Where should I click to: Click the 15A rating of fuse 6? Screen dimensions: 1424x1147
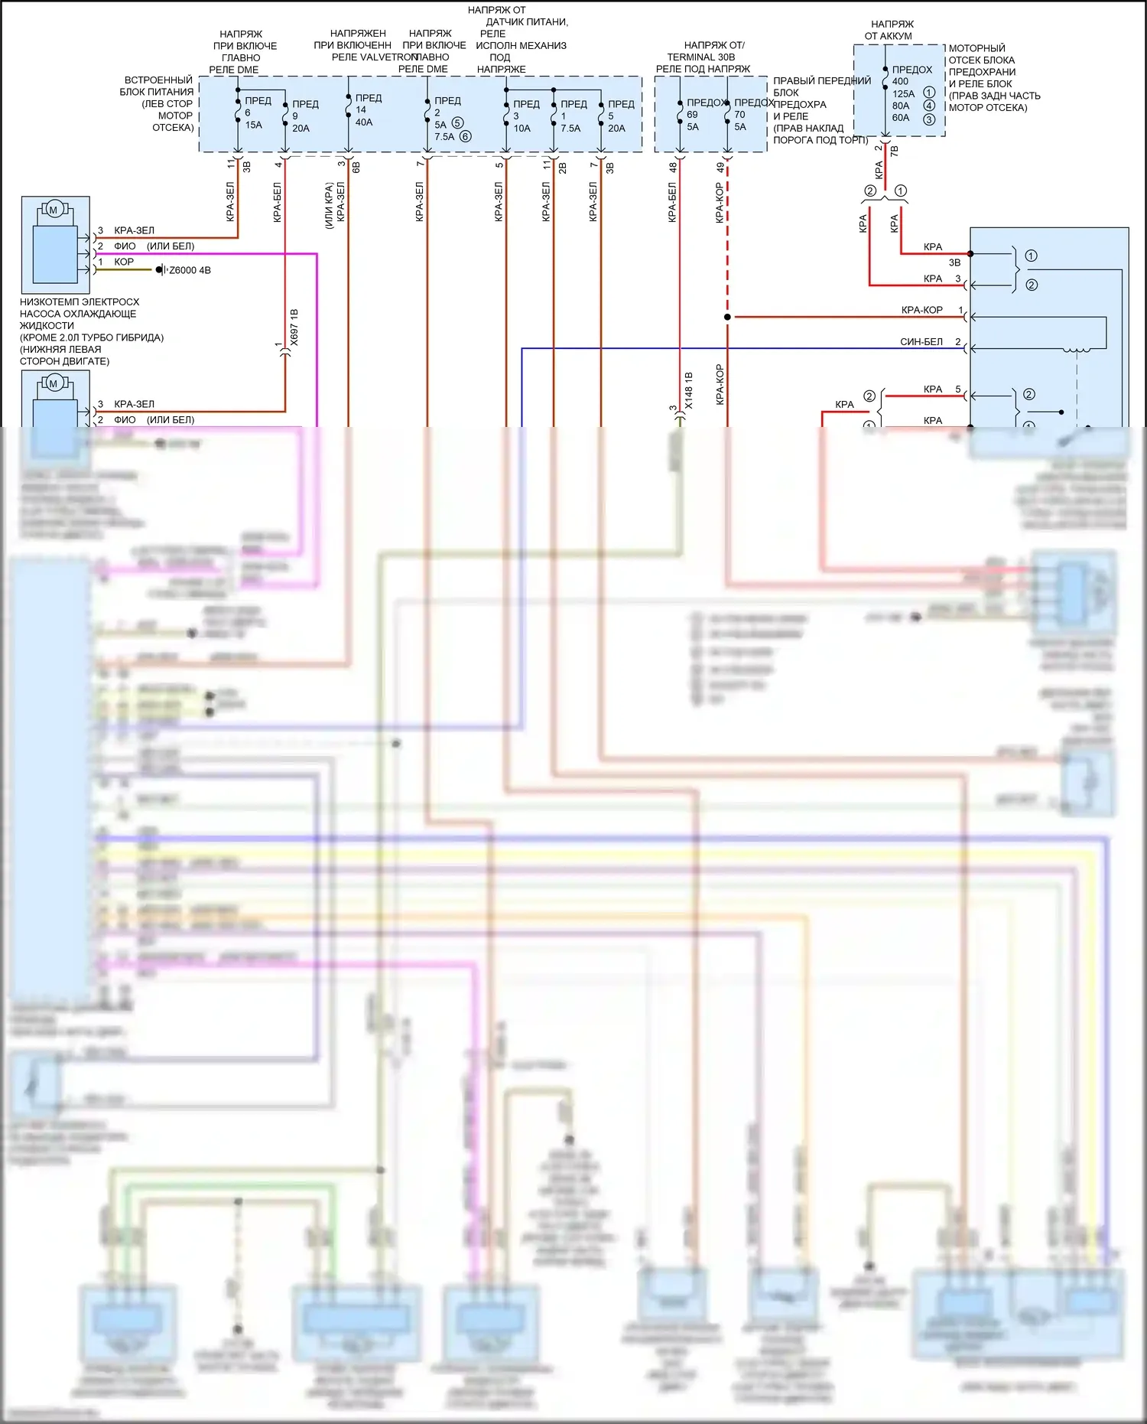point(253,125)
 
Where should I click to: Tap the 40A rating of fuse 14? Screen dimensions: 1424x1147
point(364,122)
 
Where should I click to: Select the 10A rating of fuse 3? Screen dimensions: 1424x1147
point(522,129)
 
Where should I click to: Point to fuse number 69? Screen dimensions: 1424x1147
point(692,115)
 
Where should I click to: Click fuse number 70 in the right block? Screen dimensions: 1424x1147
point(739,115)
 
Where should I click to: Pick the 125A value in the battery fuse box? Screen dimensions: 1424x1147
point(903,93)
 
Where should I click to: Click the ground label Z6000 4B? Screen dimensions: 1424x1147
point(190,270)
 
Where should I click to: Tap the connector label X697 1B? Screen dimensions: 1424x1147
point(294,327)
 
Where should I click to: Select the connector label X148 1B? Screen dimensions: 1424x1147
point(689,390)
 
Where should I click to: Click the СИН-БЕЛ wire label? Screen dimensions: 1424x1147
point(921,342)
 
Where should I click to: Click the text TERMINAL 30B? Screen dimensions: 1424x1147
point(700,57)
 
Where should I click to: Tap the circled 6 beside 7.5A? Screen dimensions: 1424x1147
point(465,137)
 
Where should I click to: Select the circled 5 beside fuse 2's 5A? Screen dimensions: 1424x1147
point(457,123)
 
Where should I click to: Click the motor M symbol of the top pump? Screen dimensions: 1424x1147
point(54,210)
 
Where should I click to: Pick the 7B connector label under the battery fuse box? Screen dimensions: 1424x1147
point(894,151)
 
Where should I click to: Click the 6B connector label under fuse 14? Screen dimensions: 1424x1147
point(356,166)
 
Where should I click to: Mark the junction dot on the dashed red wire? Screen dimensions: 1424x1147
point(727,317)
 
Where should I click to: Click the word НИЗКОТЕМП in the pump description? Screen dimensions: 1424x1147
point(48,302)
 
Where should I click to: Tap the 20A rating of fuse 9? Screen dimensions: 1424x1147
point(301,129)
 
